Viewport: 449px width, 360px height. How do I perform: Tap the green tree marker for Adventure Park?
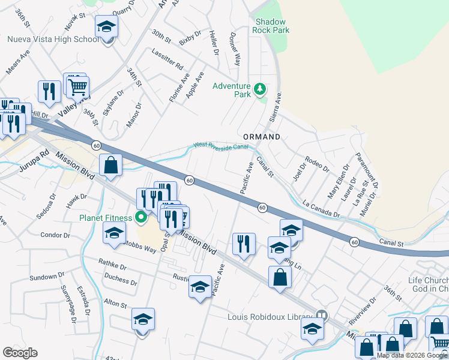click(x=259, y=90)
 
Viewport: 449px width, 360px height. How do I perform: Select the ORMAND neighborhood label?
click(x=261, y=137)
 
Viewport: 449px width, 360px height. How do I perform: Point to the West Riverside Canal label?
click(x=220, y=145)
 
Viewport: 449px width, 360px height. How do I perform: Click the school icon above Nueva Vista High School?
click(x=106, y=27)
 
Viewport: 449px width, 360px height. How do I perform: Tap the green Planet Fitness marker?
click(x=141, y=217)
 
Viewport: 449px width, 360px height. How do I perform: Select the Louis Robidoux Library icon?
click(x=322, y=315)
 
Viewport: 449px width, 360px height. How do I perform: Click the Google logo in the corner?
click(x=20, y=353)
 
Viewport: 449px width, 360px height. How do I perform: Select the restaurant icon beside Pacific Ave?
click(x=244, y=244)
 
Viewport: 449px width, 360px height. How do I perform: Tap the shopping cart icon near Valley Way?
click(x=77, y=87)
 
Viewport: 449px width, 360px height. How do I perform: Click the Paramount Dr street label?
click(x=366, y=170)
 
